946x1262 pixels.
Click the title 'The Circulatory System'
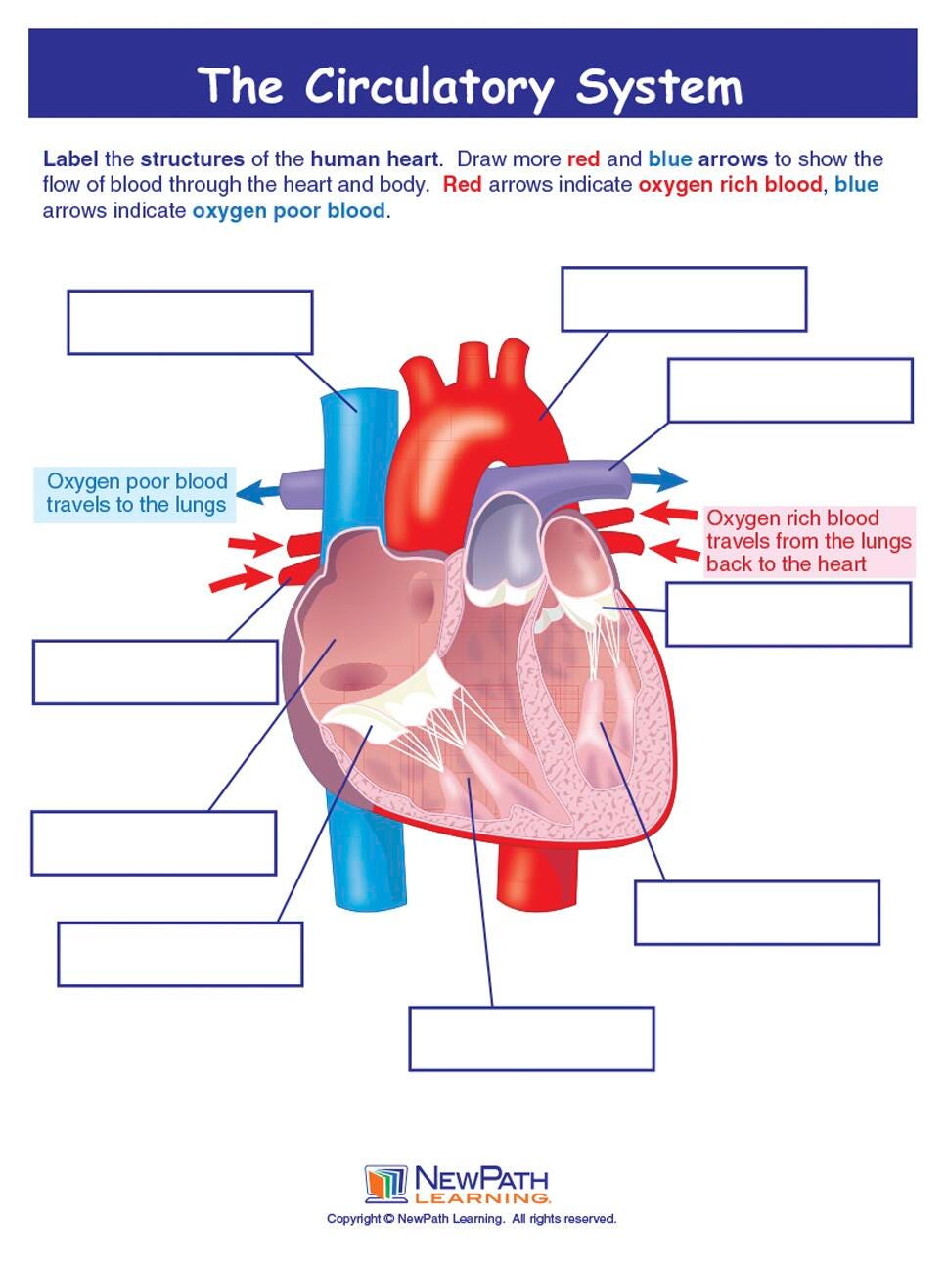click(471, 86)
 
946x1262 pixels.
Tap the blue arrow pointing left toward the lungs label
click(257, 490)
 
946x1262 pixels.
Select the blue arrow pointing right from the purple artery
click(657, 479)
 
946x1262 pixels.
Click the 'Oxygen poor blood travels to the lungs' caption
click(136, 494)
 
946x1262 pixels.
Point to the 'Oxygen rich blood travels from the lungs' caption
click(809, 541)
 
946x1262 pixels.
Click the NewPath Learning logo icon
click(385, 1184)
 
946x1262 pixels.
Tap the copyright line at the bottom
click(472, 1219)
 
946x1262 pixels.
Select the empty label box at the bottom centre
click(531, 1039)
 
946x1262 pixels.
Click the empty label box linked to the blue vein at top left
click(190, 322)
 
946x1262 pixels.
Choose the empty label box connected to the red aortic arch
click(684, 299)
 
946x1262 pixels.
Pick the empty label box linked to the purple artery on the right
click(789, 390)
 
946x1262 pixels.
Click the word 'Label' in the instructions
click(70, 159)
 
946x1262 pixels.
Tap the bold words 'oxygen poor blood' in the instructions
click(288, 211)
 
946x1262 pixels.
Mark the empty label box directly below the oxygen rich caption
click(788, 614)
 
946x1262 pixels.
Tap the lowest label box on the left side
click(180, 954)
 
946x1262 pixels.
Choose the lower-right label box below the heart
click(757, 913)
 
